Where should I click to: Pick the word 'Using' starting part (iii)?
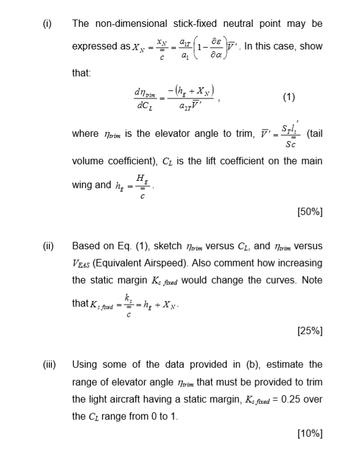[x=85, y=365]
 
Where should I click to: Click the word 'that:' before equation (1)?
[x=81, y=73]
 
